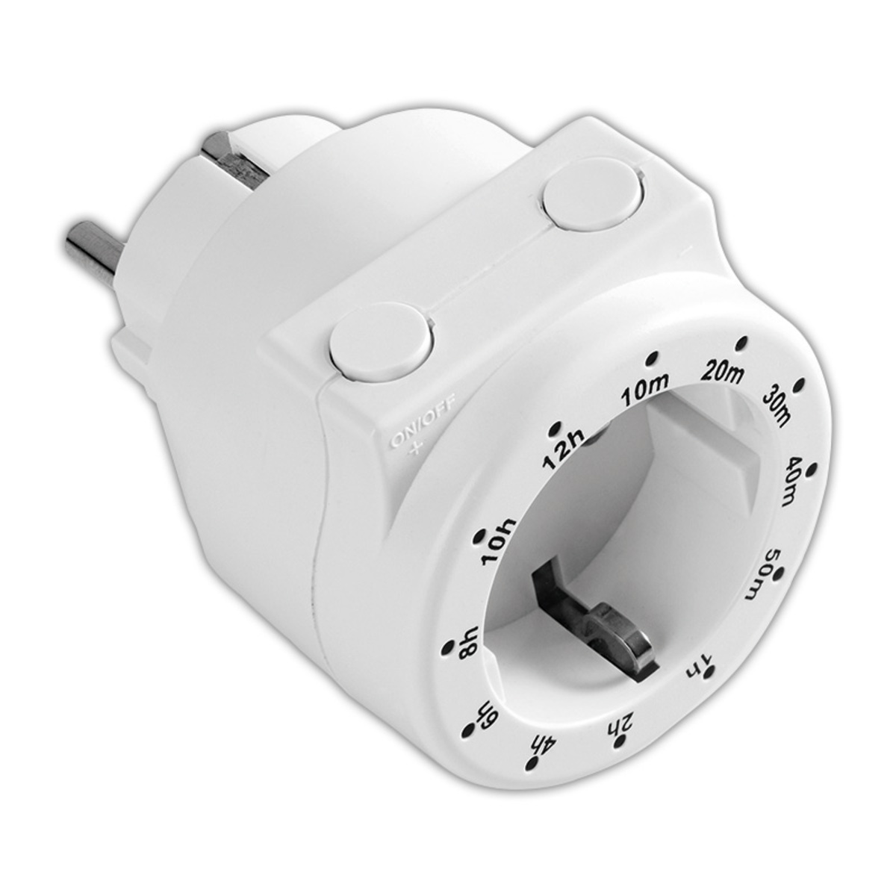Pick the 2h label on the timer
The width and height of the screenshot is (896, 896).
[x=619, y=723]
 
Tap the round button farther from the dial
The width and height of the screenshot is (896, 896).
[x=592, y=199]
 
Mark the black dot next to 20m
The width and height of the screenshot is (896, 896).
[x=741, y=343]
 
